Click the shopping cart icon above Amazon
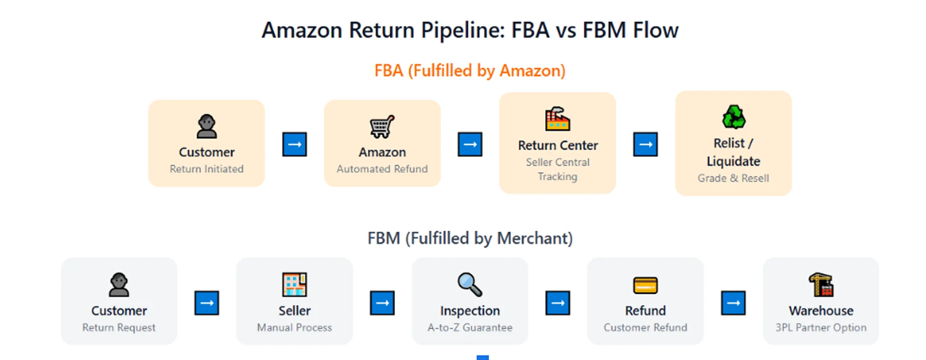point(382,127)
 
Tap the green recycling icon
point(734,117)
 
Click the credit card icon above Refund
point(645,285)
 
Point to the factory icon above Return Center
point(557,119)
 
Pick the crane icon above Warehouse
point(821,285)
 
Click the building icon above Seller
point(294,284)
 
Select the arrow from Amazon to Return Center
point(470,145)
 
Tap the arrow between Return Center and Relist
point(646,145)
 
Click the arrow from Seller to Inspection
point(382,303)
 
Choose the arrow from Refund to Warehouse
point(733,303)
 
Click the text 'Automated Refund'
point(382,169)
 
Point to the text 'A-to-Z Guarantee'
point(470,327)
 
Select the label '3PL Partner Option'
point(821,327)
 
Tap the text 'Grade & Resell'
point(733,178)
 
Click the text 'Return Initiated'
point(207,169)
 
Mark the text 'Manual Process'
point(294,327)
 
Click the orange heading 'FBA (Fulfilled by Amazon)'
point(470,71)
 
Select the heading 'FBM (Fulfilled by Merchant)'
point(470,238)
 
